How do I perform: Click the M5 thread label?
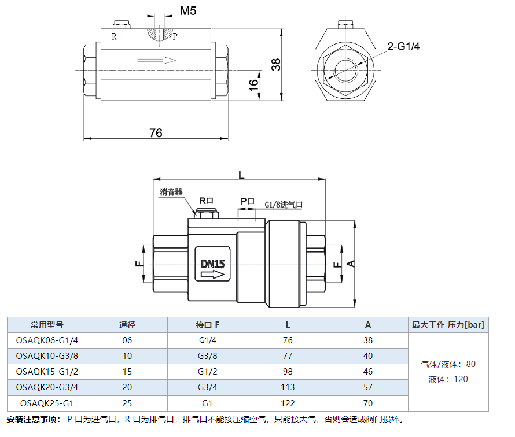[189, 11]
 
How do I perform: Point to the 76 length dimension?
[156, 132]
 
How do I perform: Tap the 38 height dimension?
[277, 64]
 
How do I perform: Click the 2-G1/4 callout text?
[403, 46]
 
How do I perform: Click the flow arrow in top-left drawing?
[157, 60]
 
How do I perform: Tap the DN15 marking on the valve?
[212, 264]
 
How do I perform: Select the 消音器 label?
[171, 192]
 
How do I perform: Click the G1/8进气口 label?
[284, 205]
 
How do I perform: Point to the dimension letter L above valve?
[241, 174]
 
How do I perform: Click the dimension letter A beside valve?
[350, 263]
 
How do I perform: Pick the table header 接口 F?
[208, 325]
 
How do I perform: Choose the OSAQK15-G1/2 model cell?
[47, 371]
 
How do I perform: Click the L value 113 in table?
[288, 387]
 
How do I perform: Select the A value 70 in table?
[369, 403]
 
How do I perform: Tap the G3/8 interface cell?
[208, 355]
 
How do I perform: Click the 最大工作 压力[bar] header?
[448, 325]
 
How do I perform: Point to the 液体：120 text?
[448, 379]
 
